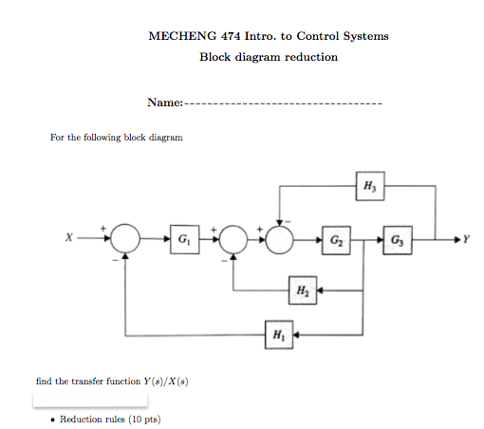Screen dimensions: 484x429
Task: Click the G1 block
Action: [185, 239]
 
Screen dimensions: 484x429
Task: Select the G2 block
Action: [336, 240]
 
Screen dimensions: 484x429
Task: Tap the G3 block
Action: [398, 240]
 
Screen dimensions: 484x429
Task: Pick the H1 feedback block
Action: [279, 335]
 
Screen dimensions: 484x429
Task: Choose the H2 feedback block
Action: [303, 290]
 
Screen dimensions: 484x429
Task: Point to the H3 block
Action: [370, 186]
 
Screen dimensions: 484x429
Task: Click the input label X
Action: [69, 237]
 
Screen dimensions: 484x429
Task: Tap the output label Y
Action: [466, 239]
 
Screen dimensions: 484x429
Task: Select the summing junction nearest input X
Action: [125, 238]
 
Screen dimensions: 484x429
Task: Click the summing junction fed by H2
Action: [233, 239]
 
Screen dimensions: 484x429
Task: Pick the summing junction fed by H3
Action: [280, 240]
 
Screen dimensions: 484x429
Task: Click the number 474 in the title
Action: [231, 36]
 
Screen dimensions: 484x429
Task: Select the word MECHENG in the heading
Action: [182, 36]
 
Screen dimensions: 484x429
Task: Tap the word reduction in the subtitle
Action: [311, 57]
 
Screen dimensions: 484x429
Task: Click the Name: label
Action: [165, 103]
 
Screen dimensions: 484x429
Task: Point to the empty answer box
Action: [90, 401]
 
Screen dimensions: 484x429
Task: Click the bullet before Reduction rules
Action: [52, 420]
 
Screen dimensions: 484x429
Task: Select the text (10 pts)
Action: [144, 420]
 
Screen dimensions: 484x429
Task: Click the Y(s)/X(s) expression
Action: [166, 382]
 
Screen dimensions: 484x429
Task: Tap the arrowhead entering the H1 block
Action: [296, 335]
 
